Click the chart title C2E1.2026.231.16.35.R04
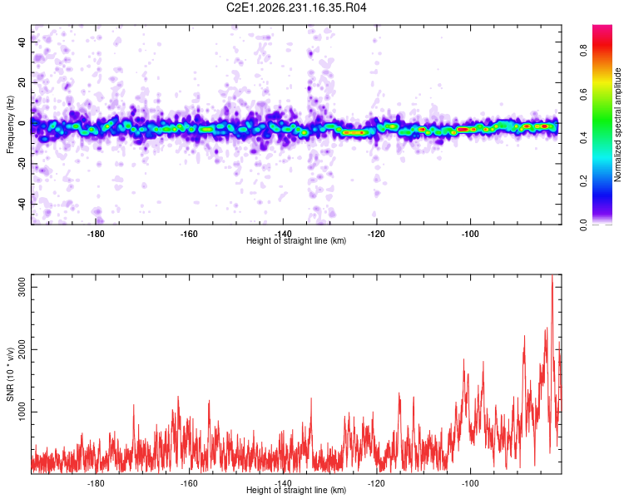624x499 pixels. coord(296,7)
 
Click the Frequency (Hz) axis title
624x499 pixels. coord(10,125)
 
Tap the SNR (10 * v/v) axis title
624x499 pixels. coord(10,374)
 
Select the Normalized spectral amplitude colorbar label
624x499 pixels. coord(617,125)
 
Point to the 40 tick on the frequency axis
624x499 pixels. coord(22,42)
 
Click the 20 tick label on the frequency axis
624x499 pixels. coord(22,82)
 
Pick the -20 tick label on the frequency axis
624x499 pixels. coord(22,163)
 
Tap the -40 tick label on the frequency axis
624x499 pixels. coord(22,204)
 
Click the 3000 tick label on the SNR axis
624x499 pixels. coord(22,287)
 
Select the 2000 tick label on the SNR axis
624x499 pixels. coord(22,349)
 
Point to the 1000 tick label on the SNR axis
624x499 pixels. coord(22,412)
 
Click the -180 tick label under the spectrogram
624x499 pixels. coord(95,234)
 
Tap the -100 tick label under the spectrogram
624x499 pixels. coord(470,234)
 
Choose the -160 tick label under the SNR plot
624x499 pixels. coord(189,483)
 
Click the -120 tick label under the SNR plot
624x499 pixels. coord(376,483)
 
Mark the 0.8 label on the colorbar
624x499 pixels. coord(583,51)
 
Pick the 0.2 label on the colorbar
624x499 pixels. coord(583,180)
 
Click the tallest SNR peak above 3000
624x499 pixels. coord(552,275)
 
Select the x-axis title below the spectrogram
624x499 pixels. coord(296,240)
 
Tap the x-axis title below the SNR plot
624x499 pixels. coord(296,490)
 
